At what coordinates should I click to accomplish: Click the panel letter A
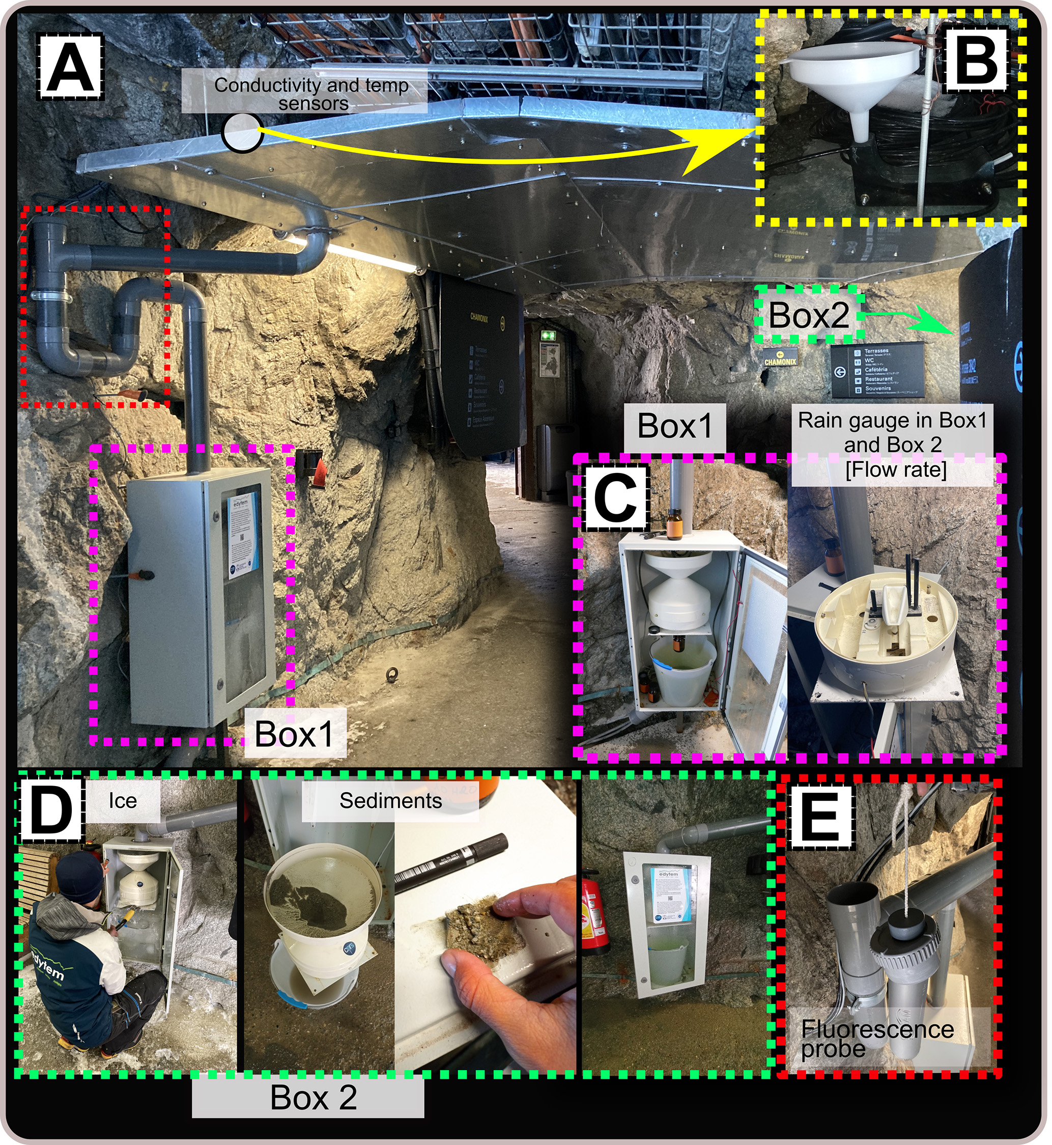click(69, 64)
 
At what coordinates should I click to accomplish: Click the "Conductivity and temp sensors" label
click(311, 94)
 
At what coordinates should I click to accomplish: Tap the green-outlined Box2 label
click(808, 315)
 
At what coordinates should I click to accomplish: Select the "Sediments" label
click(390, 800)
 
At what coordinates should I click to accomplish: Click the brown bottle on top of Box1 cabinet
click(674, 523)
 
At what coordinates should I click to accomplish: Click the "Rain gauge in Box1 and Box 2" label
click(892, 444)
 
